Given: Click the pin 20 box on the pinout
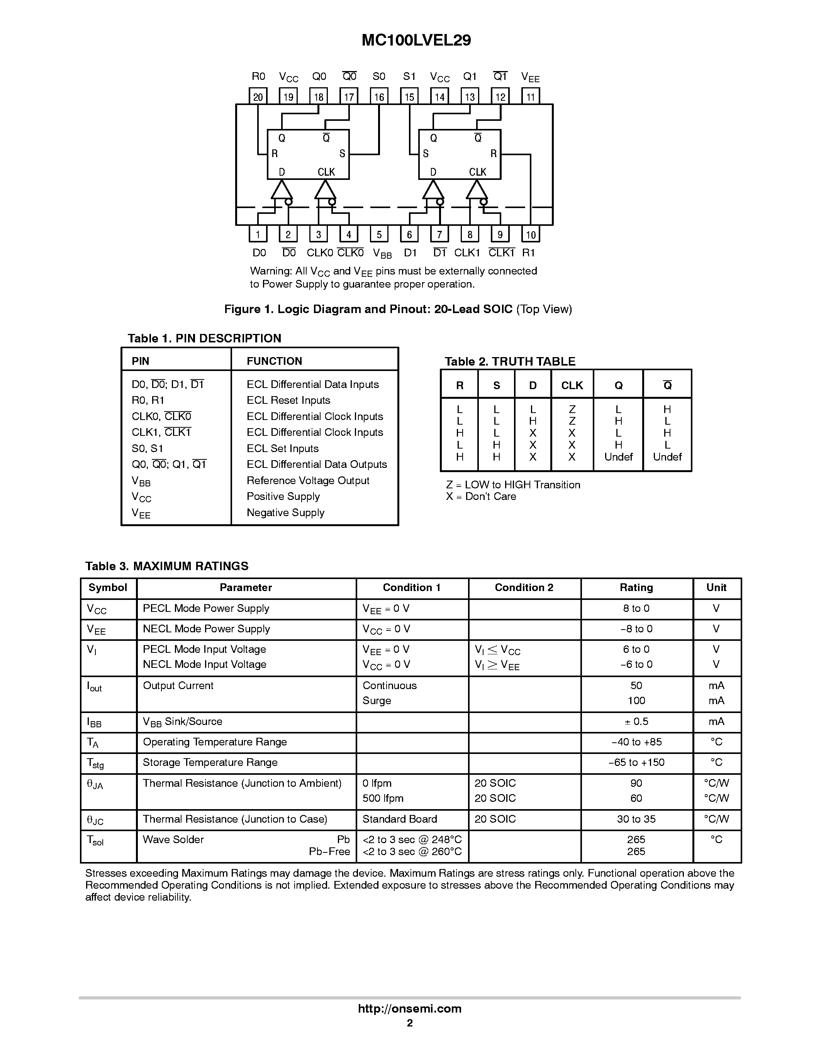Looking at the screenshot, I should click(258, 96).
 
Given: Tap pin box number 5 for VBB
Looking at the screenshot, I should click(379, 234).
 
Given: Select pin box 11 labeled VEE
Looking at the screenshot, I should click(531, 96).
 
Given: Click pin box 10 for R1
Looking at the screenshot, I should click(531, 234).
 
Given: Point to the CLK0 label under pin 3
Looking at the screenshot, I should click(319, 253).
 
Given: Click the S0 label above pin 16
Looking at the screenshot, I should click(379, 76).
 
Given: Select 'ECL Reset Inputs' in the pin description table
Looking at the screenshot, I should click(288, 400).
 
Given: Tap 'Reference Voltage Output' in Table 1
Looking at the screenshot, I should click(308, 480).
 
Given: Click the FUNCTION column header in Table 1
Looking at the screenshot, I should click(274, 361).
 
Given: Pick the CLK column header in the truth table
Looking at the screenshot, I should click(572, 386).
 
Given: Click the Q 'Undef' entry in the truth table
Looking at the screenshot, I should click(618, 457).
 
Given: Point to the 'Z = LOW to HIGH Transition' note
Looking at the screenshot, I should click(513, 485).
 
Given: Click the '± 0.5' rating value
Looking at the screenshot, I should click(636, 722).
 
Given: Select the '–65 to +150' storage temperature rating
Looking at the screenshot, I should click(636, 762).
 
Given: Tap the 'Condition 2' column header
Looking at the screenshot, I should click(524, 588).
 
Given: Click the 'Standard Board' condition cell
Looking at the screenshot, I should click(399, 819).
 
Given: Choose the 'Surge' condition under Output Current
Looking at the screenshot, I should click(377, 701).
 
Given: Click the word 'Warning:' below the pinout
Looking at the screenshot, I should click(271, 271).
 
